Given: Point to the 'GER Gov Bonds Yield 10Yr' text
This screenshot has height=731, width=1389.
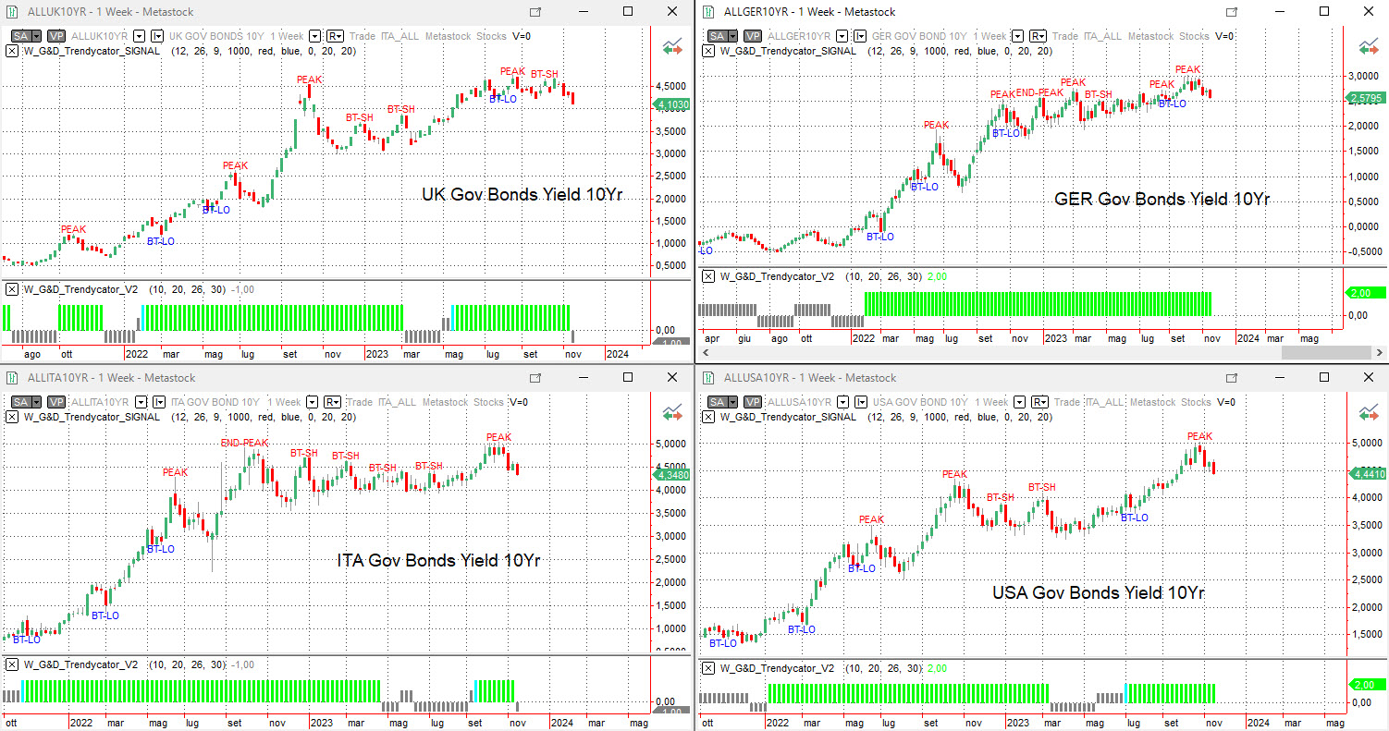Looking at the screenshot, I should [x=1162, y=199].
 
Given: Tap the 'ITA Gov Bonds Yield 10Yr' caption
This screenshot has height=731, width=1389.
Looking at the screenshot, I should [x=438, y=560].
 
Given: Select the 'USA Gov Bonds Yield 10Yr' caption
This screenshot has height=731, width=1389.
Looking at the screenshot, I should [x=1098, y=592].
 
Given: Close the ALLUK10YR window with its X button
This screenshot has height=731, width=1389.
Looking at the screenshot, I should [x=672, y=11].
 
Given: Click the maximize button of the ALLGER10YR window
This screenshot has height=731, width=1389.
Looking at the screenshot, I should [x=1324, y=11].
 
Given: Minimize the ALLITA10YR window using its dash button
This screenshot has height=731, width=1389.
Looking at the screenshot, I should [x=584, y=377].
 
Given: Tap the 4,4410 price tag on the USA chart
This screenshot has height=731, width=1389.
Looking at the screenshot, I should [x=1367, y=474].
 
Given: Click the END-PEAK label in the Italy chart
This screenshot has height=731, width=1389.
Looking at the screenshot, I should [x=244, y=444].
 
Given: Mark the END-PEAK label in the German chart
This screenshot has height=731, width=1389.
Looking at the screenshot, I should [x=1039, y=92].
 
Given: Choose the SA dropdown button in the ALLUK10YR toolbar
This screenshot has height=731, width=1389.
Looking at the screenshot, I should [x=24, y=36].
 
